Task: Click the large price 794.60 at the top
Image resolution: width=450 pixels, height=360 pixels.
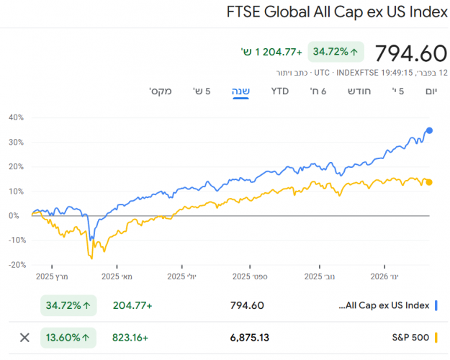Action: pos(412,54)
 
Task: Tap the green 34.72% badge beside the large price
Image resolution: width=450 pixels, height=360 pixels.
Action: pos(336,52)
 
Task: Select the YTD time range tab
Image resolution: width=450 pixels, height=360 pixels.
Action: pos(279,91)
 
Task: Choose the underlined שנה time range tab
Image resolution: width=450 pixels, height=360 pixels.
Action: pos(240,91)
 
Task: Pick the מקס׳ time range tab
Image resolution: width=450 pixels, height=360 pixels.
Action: pos(160,91)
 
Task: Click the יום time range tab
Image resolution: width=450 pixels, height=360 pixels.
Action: pos(431,91)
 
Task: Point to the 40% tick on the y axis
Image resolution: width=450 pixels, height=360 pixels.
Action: pos(16,117)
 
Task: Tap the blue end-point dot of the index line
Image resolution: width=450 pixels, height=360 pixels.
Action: pos(430,130)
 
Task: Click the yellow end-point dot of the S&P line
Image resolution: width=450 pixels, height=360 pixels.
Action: pos(429,182)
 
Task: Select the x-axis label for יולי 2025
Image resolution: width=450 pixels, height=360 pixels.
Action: pos(181,276)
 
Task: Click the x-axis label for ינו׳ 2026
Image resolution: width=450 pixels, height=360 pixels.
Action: pos(390,276)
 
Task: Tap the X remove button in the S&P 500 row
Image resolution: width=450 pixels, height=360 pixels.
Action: pos(24,337)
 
